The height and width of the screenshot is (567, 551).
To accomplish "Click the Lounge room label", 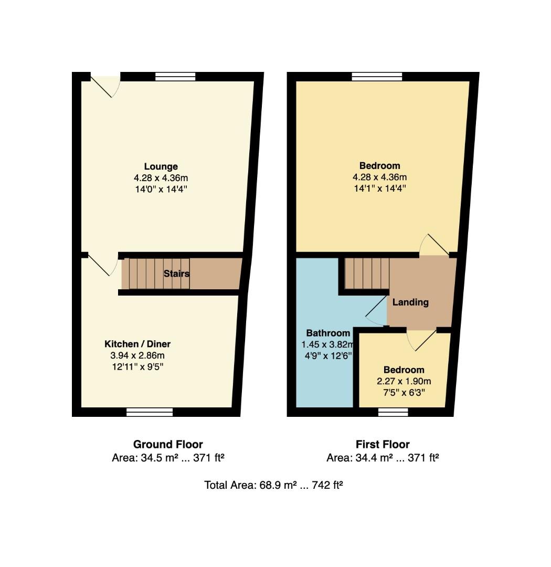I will (161, 167).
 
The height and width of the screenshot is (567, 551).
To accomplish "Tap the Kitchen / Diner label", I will (137, 344).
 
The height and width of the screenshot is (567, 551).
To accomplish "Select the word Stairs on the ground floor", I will (176, 274).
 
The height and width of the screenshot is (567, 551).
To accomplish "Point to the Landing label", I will (410, 302).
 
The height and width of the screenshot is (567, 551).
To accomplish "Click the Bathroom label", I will (328, 333).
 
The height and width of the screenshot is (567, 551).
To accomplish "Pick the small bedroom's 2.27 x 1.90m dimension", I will (404, 381).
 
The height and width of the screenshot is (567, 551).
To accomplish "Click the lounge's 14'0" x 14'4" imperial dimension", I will (161, 189).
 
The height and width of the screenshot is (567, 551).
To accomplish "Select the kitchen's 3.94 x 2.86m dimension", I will (137, 355).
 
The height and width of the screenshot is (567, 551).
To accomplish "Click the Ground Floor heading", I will (168, 445).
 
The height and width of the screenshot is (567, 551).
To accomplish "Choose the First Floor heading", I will (383, 445).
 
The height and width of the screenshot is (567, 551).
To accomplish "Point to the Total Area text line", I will (273, 485).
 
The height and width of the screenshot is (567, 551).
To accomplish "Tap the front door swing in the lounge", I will (107, 86).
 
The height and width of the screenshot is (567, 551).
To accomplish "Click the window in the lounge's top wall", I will (175, 77).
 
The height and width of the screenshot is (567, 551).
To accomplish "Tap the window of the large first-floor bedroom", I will (377, 77).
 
